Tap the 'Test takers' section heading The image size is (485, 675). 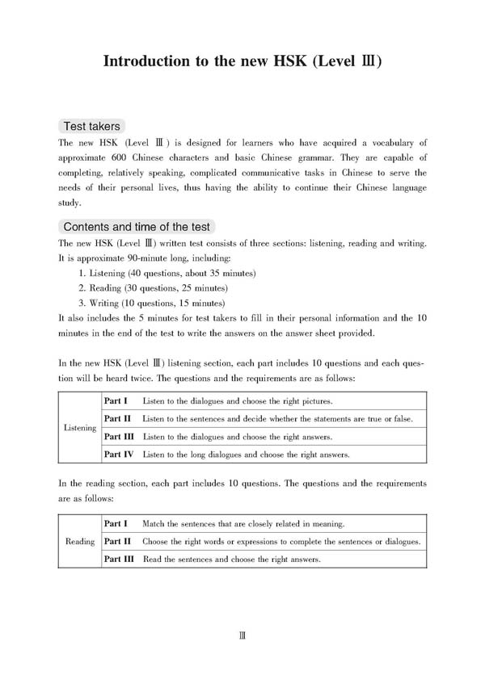coord(92,126)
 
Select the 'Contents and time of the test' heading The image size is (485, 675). coord(137,227)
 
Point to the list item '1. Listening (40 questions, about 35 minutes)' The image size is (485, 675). coord(167,274)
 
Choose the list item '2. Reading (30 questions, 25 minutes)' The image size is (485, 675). coord(153,288)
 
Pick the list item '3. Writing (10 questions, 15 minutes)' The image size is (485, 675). coord(152,303)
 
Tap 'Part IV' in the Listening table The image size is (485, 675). coord(119,455)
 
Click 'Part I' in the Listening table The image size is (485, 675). coord(116,400)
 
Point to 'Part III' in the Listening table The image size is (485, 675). coord(120,437)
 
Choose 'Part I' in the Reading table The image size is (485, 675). coord(116,523)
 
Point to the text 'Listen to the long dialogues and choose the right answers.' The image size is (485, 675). coord(246,455)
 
